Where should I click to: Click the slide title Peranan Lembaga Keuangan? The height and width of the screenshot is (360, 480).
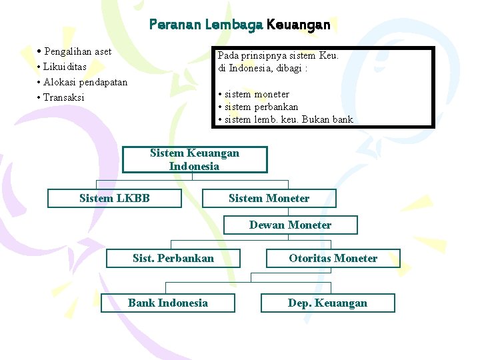click(239, 25)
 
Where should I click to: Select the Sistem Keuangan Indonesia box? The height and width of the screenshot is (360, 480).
click(195, 160)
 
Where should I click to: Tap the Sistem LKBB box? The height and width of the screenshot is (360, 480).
click(115, 198)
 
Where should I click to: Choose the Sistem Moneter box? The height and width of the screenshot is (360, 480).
click(269, 198)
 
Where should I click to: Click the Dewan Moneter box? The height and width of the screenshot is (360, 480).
click(290, 225)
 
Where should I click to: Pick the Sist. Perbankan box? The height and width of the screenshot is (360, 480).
click(173, 258)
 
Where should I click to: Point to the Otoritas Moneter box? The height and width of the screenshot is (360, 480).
click(333, 258)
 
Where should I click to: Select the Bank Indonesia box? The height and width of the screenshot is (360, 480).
click(168, 303)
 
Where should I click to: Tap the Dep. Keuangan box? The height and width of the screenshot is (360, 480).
click(327, 303)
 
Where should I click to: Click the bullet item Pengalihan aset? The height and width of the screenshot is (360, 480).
click(77, 51)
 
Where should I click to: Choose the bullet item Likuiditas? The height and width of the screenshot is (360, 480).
click(65, 67)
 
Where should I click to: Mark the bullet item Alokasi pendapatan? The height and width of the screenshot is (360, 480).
click(85, 82)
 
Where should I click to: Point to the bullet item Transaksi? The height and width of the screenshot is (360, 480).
click(64, 97)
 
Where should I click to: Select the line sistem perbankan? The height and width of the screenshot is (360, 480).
click(261, 107)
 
